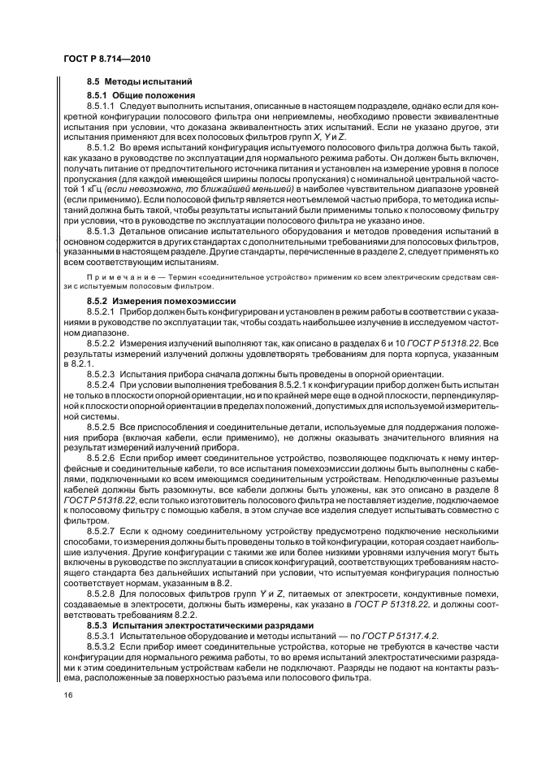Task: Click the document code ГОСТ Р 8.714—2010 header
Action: point(106,59)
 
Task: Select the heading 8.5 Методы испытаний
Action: point(140,81)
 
